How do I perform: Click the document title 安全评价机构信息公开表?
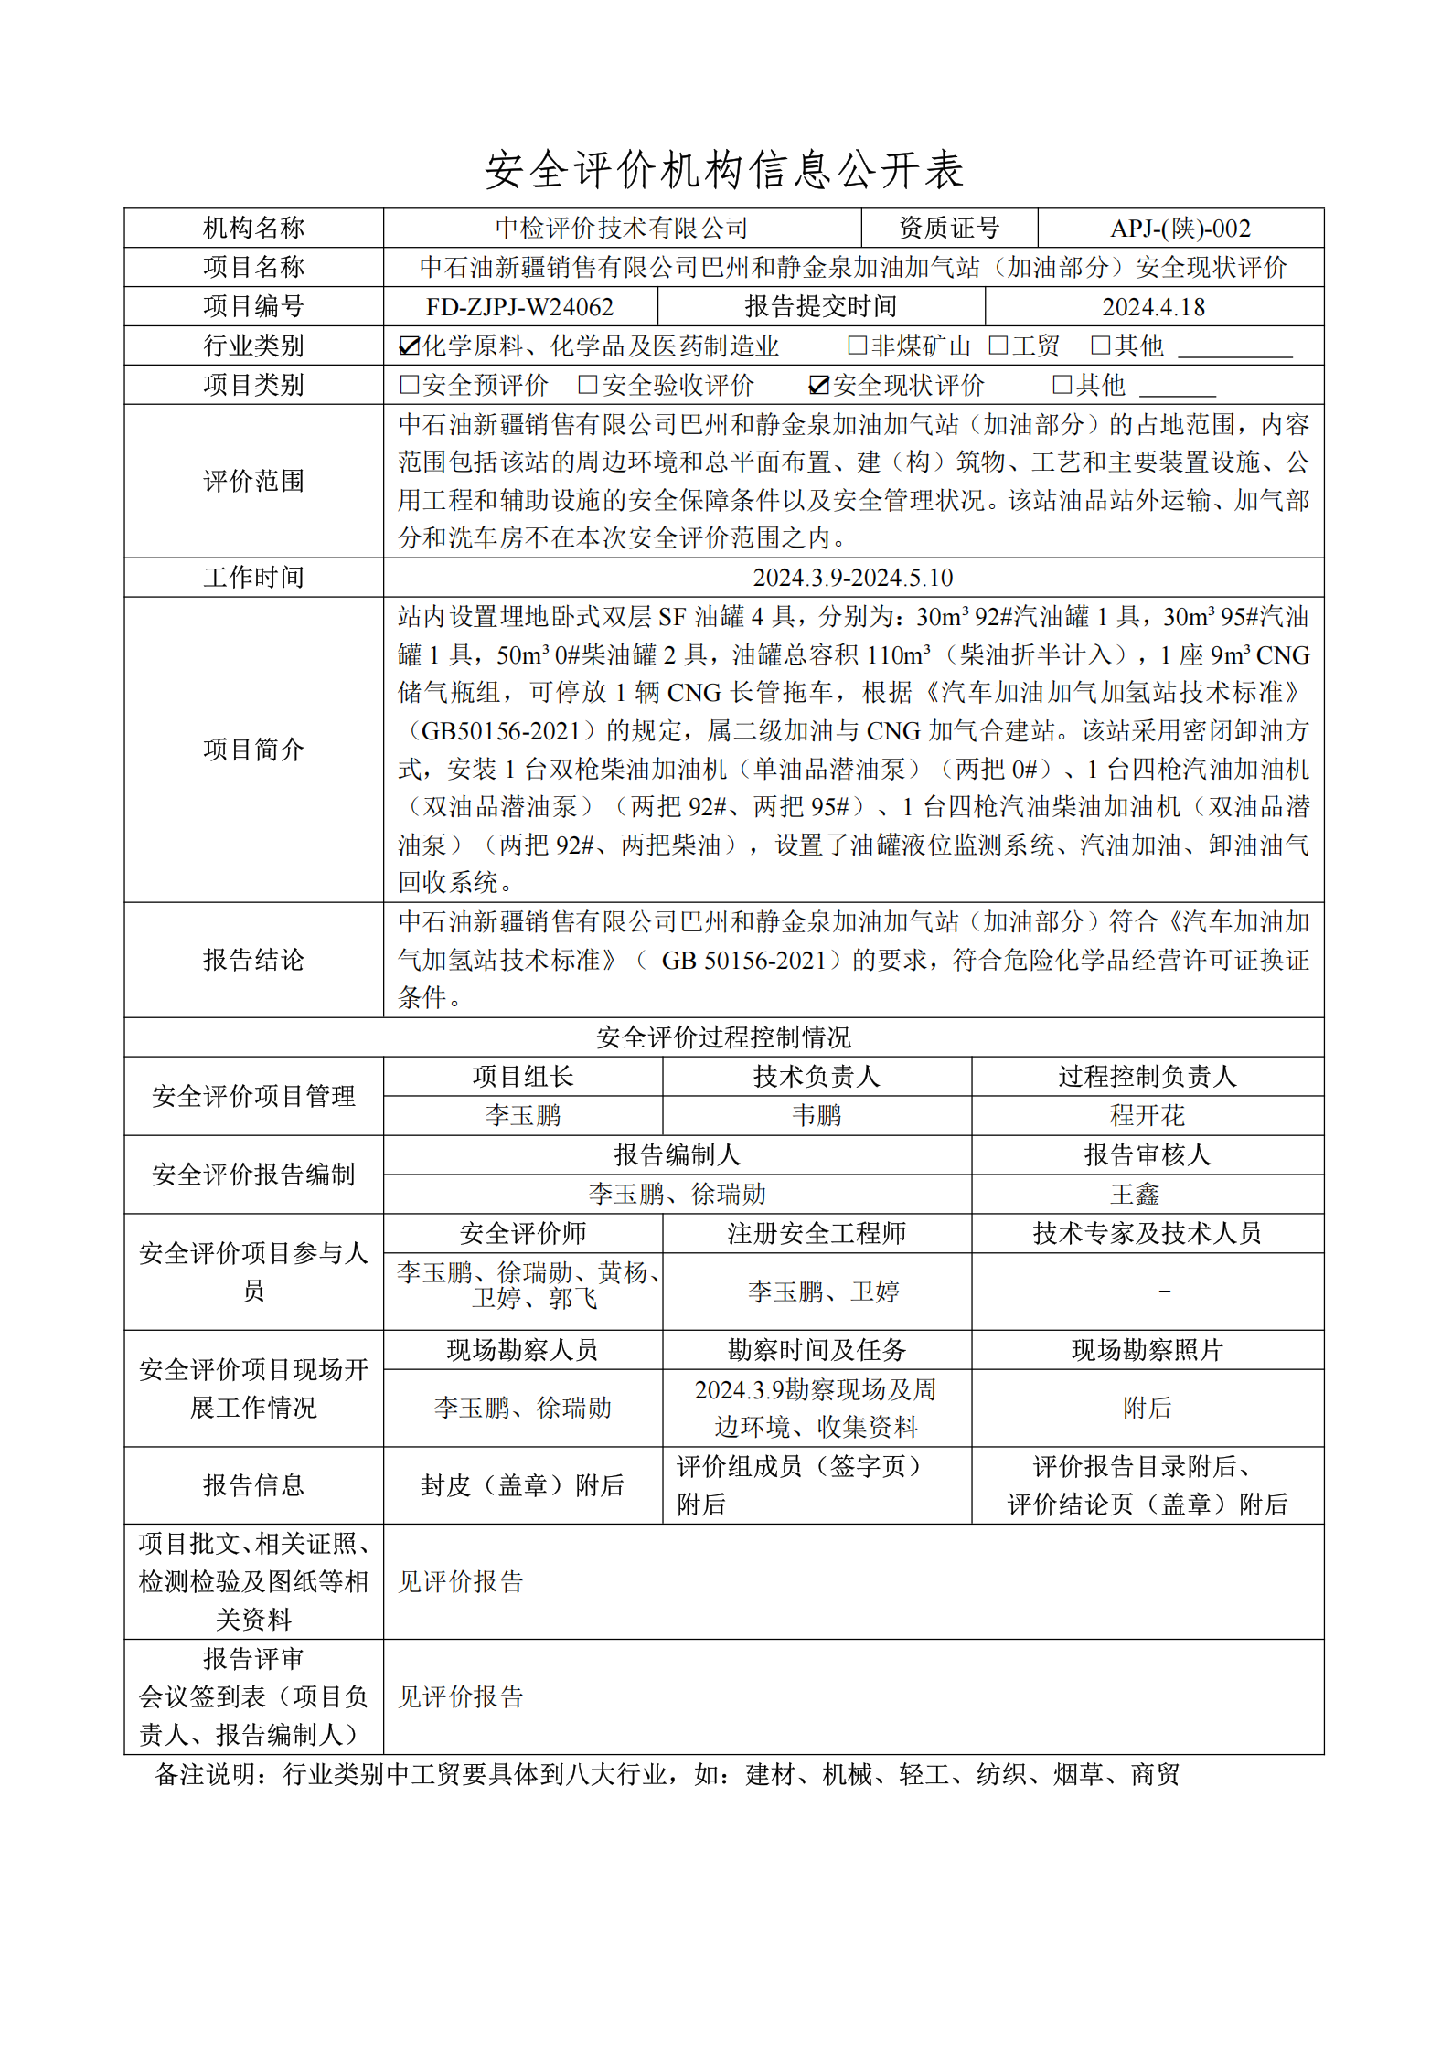click(x=724, y=170)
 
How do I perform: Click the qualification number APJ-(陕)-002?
click(x=1180, y=229)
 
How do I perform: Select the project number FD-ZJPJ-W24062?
click(x=519, y=307)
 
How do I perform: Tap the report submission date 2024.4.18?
click(x=1153, y=307)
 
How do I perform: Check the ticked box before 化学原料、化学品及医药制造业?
click(x=409, y=346)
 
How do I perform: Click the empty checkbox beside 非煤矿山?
click(x=857, y=346)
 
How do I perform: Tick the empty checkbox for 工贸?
click(x=998, y=346)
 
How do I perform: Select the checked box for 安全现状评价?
click(x=818, y=386)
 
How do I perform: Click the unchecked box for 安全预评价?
click(x=409, y=386)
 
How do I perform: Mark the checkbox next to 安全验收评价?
click(x=588, y=386)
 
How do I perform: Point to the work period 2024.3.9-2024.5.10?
click(x=852, y=578)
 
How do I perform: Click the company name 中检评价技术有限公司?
click(x=622, y=229)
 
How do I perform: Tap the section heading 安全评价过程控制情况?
click(x=723, y=1037)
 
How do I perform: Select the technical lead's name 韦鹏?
click(x=817, y=1116)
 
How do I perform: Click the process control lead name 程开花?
click(x=1147, y=1116)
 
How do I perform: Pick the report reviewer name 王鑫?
click(x=1135, y=1195)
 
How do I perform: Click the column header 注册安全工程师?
click(x=817, y=1234)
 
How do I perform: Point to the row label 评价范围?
click(x=253, y=482)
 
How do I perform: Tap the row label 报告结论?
click(x=253, y=960)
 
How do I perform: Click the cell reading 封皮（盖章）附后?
click(x=522, y=1485)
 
